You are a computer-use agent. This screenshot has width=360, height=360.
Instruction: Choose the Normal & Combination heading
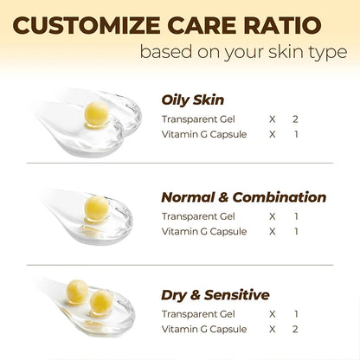pos(244,196)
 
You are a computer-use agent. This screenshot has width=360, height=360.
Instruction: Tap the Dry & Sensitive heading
pos(215,295)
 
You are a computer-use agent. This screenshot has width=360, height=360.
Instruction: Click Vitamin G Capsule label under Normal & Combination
pos(203,232)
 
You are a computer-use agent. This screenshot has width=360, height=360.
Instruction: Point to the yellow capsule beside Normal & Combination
pos(96,208)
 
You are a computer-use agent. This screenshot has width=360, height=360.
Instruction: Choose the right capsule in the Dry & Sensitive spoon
pos(101,302)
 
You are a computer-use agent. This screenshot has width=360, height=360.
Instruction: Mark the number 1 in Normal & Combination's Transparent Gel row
pos(298,215)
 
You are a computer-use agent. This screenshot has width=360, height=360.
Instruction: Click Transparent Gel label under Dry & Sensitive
pos(198,314)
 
